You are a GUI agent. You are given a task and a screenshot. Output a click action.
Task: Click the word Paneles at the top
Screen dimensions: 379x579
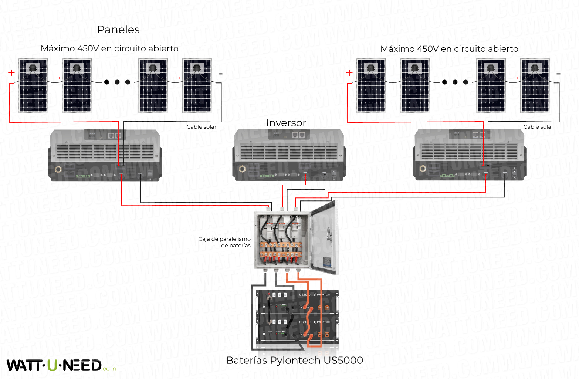pos(118,30)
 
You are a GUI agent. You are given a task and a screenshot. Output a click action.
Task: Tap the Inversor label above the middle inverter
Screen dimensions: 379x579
pos(286,123)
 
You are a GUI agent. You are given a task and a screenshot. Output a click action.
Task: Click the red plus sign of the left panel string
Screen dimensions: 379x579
pos(11,73)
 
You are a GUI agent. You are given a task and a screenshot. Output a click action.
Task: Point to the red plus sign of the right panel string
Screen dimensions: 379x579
pos(349,73)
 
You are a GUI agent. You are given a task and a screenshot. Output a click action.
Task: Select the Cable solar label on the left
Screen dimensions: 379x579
pos(201,127)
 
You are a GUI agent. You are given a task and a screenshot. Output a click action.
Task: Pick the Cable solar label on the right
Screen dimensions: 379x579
pos(538,127)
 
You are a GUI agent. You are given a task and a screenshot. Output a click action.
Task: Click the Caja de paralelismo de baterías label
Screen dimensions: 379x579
pos(224,242)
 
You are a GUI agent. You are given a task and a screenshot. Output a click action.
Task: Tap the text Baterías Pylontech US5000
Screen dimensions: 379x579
pos(294,360)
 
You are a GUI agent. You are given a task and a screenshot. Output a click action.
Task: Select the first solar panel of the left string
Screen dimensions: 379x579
pos(33,85)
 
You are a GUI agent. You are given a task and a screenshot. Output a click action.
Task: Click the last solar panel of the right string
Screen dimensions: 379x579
pos(535,85)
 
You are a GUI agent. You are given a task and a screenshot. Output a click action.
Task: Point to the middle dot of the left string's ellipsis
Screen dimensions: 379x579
pos(117,82)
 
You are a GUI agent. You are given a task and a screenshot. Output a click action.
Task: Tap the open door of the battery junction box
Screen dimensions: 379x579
pos(325,238)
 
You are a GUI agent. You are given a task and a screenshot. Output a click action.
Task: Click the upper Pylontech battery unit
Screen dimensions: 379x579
pos(297,301)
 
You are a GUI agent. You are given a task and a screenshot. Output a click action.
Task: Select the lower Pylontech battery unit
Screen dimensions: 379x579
pos(297,329)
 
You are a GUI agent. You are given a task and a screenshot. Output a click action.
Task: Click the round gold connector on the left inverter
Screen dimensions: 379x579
pos(58,170)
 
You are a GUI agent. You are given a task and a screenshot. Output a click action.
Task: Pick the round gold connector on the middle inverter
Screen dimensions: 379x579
pos(242,169)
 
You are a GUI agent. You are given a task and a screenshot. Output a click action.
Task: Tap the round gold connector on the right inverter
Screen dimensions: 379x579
pos(423,169)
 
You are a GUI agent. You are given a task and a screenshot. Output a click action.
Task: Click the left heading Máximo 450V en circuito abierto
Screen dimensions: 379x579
pos(109,48)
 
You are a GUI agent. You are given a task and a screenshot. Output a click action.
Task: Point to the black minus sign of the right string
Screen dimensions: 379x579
pos(558,74)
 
